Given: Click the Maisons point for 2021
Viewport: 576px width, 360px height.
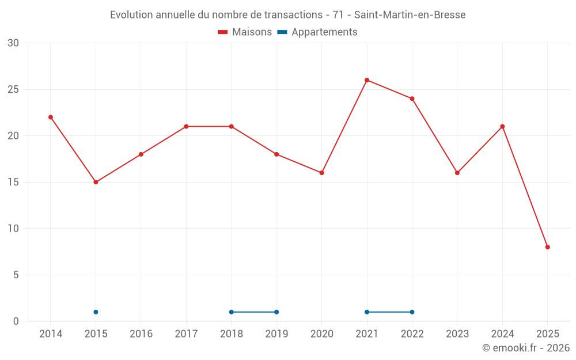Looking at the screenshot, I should [x=367, y=80].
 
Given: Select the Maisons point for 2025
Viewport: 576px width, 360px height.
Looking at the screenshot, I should [x=548, y=247].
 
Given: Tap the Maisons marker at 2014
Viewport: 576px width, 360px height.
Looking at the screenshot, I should [x=51, y=118].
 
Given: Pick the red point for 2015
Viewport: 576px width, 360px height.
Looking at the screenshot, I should [x=96, y=182].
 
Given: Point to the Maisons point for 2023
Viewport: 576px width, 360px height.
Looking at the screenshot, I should [x=457, y=173].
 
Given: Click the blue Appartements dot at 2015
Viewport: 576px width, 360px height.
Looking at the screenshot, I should [x=96, y=312].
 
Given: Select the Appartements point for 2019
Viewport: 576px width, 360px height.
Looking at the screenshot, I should [x=276, y=312].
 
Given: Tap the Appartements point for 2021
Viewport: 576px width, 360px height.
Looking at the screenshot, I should [x=367, y=312].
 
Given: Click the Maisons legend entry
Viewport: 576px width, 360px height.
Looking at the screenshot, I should [x=245, y=32].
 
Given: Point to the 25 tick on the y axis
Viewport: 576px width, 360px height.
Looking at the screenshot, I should [x=13, y=89].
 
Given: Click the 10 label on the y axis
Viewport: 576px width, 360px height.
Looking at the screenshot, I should [x=13, y=229].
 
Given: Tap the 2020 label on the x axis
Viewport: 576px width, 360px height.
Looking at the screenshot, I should [x=322, y=334].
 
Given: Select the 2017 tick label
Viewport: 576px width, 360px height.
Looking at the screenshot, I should [x=186, y=334].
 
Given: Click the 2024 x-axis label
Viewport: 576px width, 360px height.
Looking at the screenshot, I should [x=502, y=334].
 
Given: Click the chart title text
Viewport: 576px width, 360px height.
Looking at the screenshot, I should [x=287, y=15].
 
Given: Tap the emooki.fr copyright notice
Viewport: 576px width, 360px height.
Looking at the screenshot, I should [x=526, y=348].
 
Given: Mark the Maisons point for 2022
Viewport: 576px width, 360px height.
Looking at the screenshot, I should [x=412, y=98].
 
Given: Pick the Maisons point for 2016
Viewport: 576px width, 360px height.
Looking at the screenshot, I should [x=141, y=154].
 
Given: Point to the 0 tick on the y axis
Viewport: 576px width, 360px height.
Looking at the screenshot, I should [x=16, y=321].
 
